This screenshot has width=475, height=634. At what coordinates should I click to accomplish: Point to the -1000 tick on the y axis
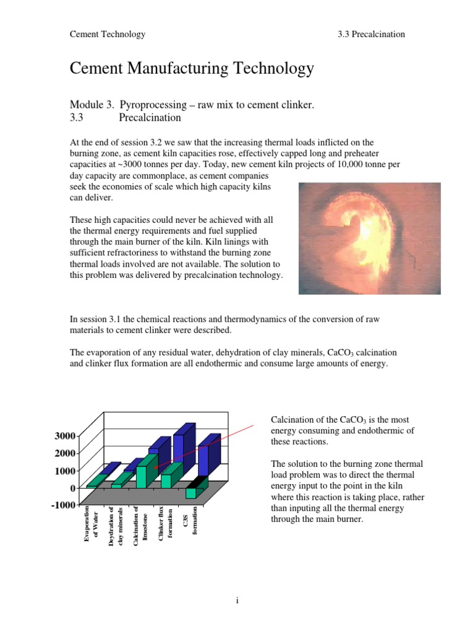coord(62,505)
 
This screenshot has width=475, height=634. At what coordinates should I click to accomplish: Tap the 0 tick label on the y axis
coord(72,488)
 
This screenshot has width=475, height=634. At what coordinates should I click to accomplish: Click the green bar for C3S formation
coord(191,493)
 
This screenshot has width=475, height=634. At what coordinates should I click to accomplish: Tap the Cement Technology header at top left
coord(108,34)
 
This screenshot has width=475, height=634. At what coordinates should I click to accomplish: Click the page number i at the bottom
coord(237,600)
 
